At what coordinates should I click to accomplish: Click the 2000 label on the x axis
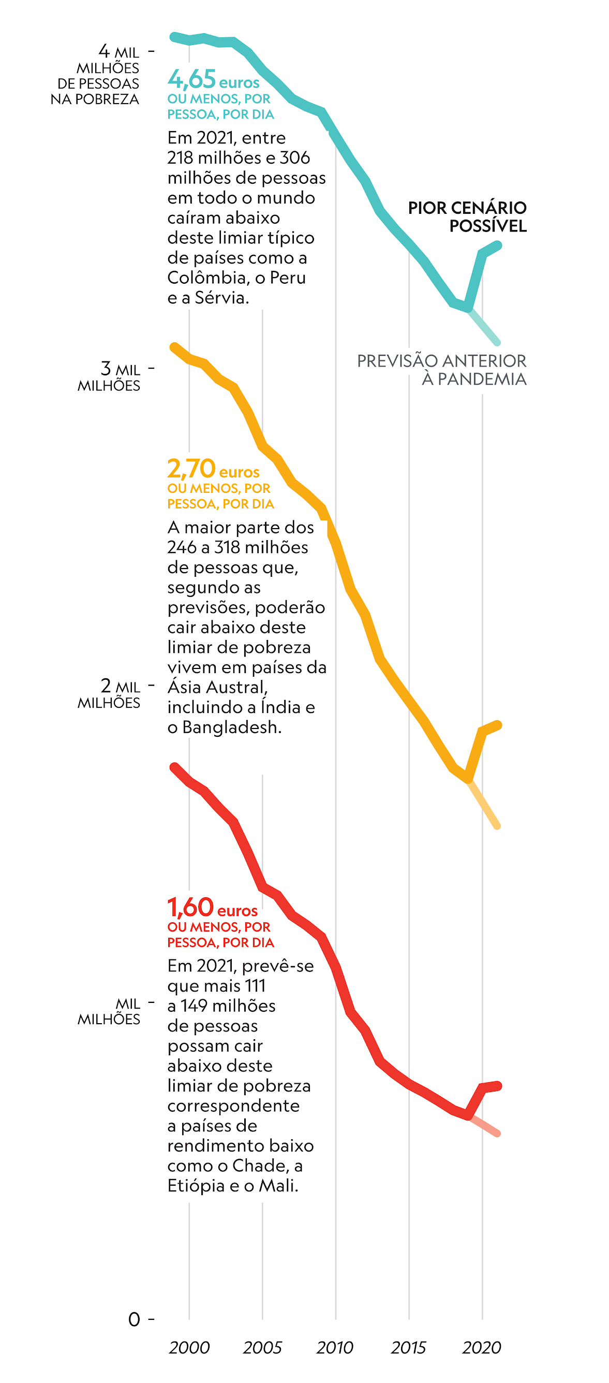[x=189, y=1348]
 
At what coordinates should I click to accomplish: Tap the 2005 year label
[x=262, y=1348]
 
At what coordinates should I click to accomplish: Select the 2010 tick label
[x=335, y=1348]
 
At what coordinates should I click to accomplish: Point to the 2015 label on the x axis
[x=408, y=1348]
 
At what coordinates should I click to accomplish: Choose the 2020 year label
[x=481, y=1348]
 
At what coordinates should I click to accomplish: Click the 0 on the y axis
[x=134, y=1320]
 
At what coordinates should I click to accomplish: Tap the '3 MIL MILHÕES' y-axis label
[x=110, y=377]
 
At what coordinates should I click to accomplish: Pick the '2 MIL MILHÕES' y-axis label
[x=110, y=694]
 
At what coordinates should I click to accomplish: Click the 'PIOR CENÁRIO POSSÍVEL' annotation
[x=467, y=217]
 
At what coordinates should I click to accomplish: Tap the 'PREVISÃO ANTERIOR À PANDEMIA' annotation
[x=441, y=370]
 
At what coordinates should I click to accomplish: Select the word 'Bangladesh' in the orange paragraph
[x=232, y=727]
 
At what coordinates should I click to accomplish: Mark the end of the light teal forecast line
[x=497, y=342]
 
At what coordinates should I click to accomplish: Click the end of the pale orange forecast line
[x=497, y=826]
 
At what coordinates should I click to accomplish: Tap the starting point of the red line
[x=174, y=767]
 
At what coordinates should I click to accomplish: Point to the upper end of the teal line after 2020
[x=498, y=245]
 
